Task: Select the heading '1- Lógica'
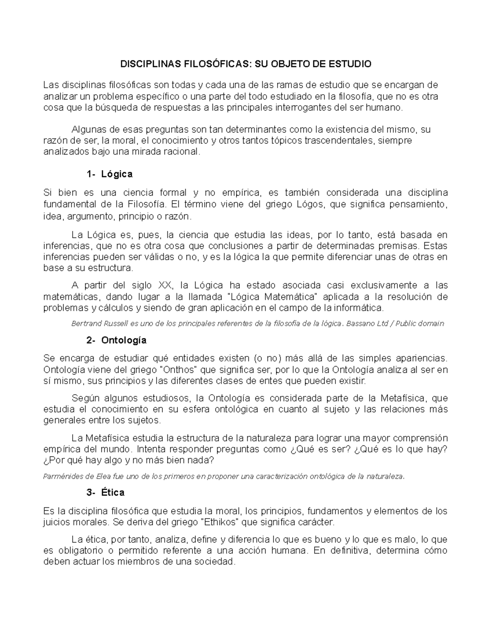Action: click(110, 174)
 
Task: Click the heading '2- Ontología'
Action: click(117, 340)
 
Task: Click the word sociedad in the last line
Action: click(216, 562)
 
